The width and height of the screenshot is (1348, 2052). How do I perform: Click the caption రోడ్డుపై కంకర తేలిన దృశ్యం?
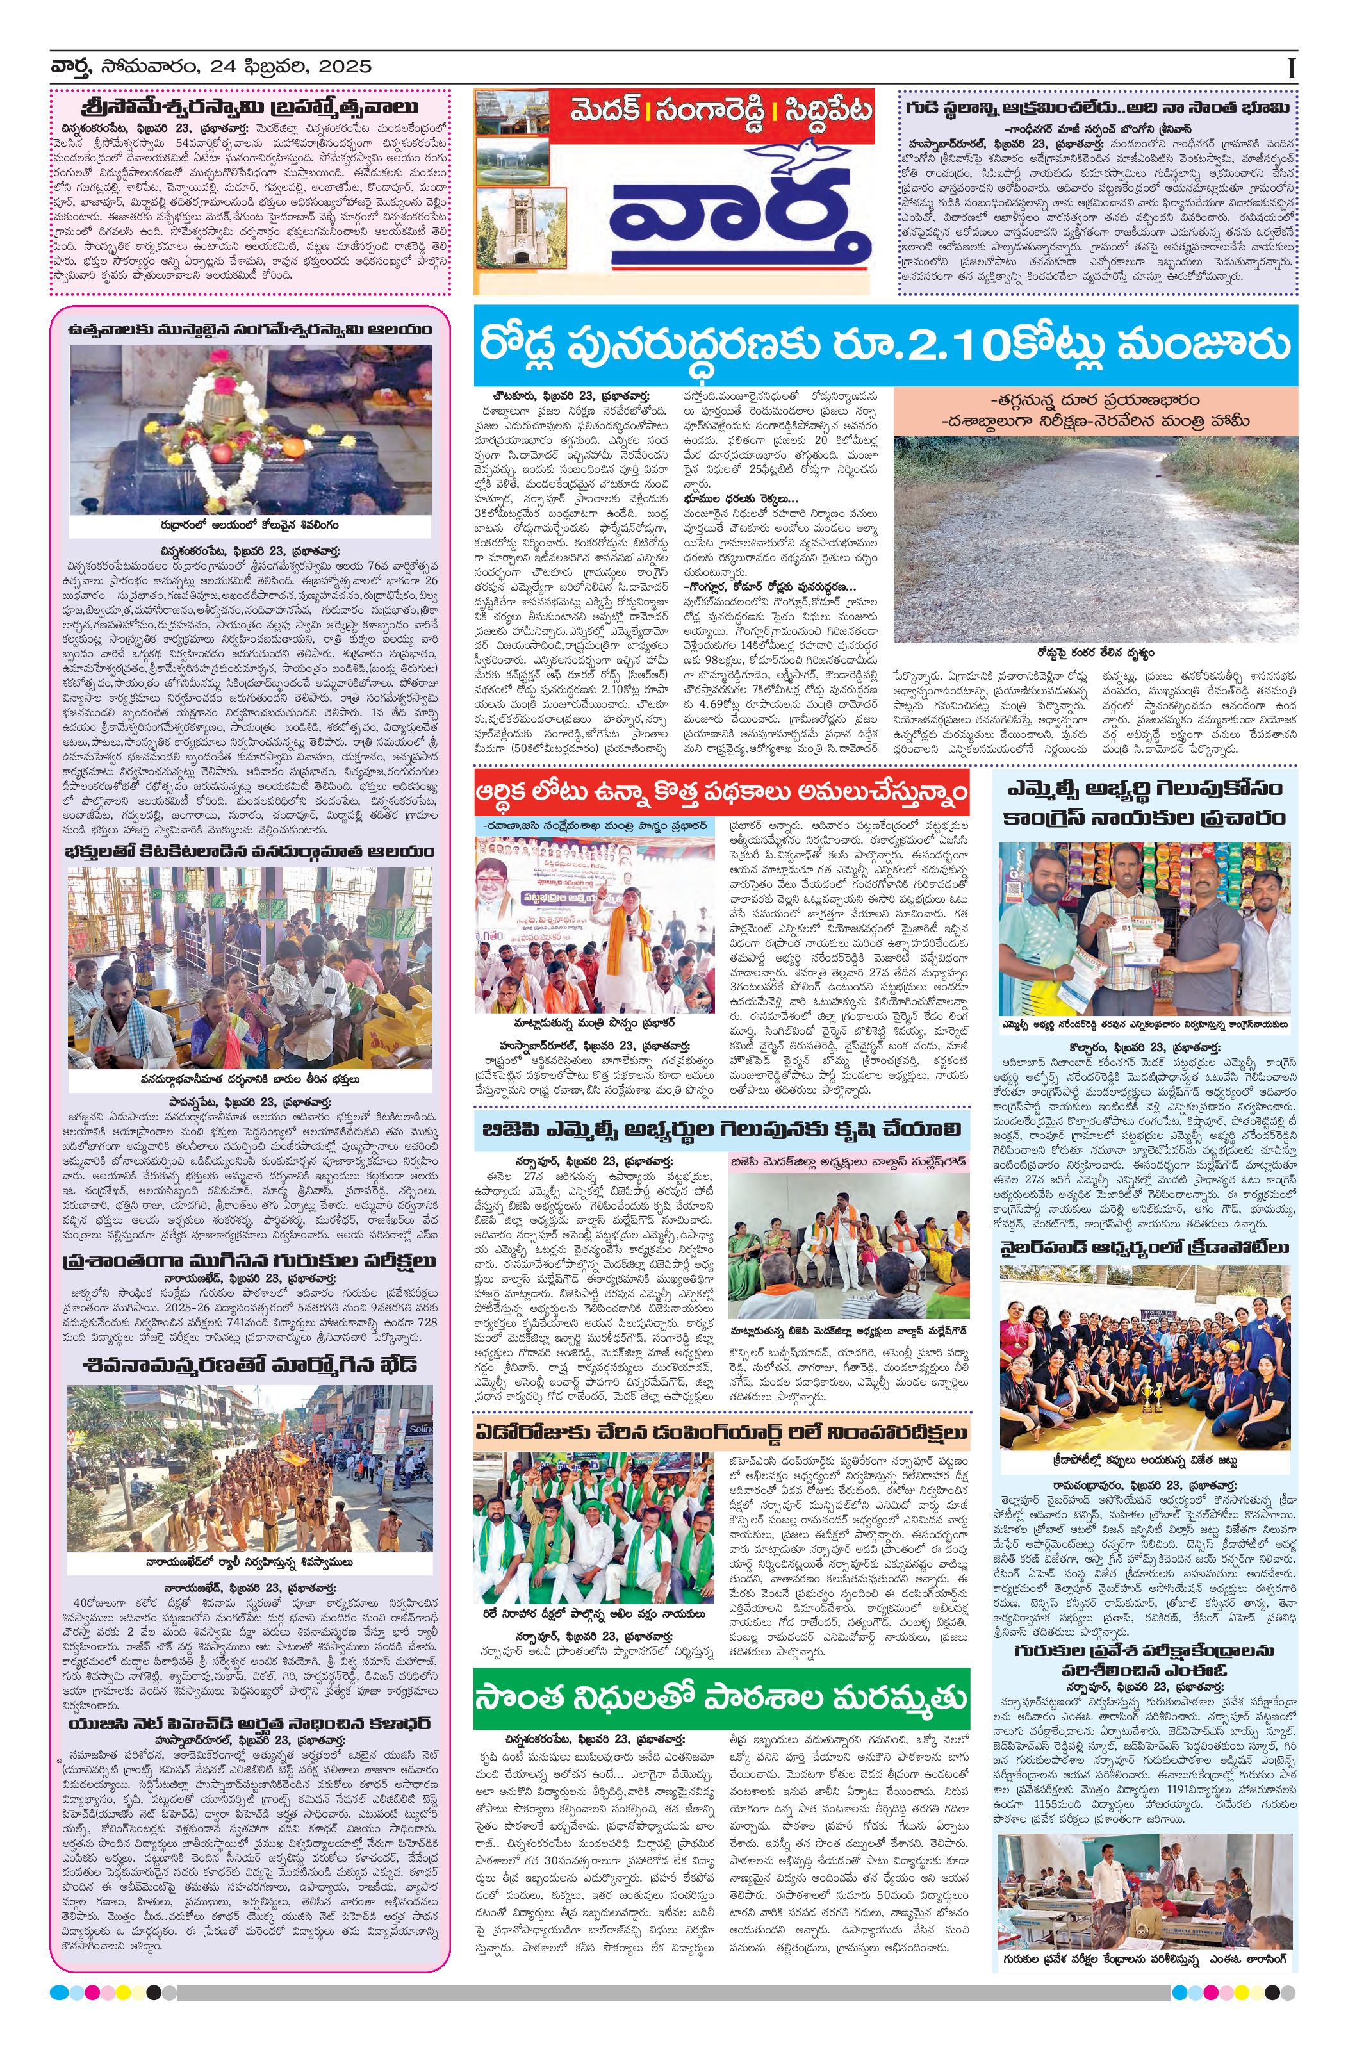click(x=1096, y=653)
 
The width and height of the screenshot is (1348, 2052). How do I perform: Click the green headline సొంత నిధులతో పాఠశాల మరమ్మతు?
click(x=721, y=1698)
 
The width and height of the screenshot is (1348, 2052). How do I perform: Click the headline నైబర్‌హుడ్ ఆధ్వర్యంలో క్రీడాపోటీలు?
click(x=1146, y=1247)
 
